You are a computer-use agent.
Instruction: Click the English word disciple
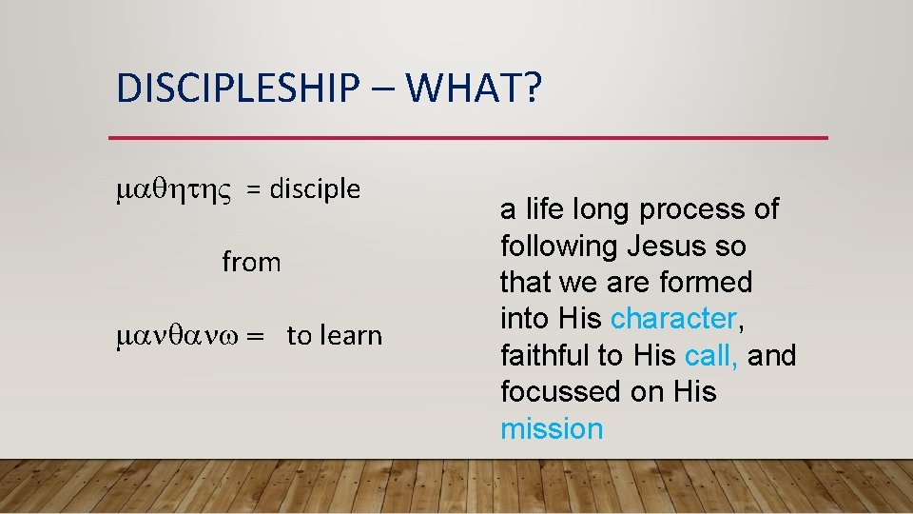pos(315,189)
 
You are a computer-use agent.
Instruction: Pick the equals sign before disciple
pos(254,190)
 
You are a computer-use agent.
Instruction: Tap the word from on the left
pos(251,262)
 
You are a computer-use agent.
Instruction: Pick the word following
pos(559,247)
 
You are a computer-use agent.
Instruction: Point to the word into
pos(527,319)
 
